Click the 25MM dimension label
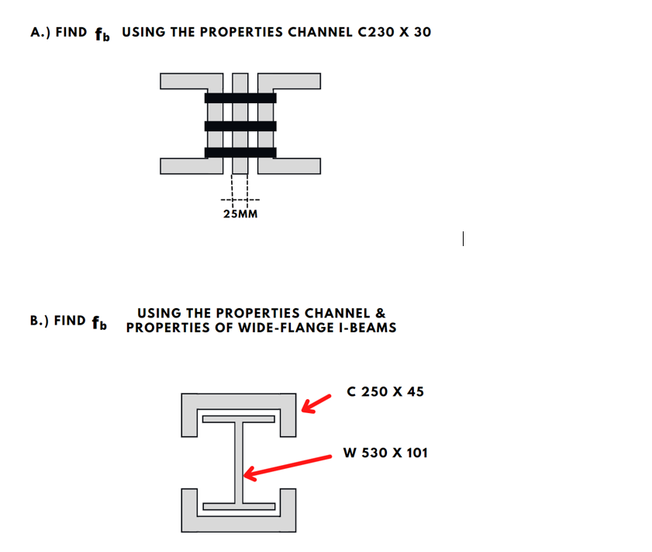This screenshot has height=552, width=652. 240,214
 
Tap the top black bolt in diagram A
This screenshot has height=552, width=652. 240,98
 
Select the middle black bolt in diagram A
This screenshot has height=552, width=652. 240,126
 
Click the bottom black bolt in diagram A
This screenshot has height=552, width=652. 240,152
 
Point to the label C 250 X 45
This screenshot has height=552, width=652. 385,391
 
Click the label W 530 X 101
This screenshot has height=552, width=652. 385,453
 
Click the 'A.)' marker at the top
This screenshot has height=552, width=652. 40,33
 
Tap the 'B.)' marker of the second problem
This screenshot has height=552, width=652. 40,320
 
